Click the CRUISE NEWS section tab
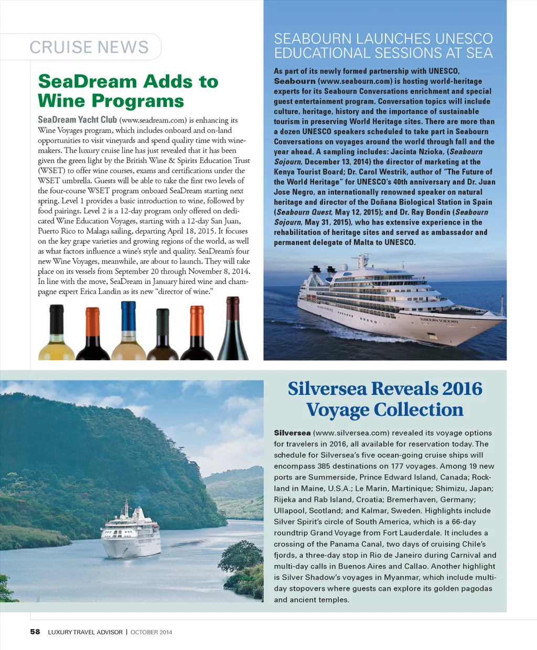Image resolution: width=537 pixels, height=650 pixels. click(89, 47)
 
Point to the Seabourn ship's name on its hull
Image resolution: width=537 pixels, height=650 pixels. click(438, 320)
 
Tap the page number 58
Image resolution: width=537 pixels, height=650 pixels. click(35, 632)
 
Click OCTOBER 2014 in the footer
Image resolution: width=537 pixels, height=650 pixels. click(151, 632)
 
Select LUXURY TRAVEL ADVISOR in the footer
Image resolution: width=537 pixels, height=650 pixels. click(85, 632)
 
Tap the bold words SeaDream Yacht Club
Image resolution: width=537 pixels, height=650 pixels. click(77, 120)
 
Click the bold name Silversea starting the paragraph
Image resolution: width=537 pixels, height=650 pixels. click(292, 433)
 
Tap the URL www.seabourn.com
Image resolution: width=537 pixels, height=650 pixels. click(355, 81)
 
